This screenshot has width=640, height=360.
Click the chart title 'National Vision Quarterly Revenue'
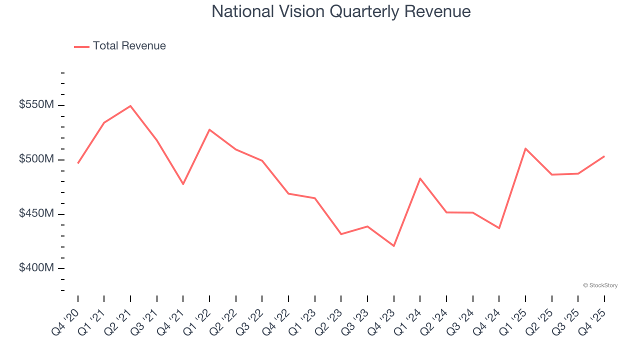click(341, 11)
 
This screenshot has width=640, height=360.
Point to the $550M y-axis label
click(36, 105)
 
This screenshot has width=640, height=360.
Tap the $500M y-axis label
click(36, 159)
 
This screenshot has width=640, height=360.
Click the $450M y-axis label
click(36, 214)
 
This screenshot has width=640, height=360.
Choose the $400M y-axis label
click(36, 268)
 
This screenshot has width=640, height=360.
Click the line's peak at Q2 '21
click(130, 106)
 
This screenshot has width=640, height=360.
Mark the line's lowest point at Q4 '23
click(393, 246)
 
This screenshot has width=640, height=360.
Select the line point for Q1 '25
click(525, 148)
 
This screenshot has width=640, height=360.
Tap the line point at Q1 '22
click(209, 129)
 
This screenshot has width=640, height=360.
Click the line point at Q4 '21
click(183, 184)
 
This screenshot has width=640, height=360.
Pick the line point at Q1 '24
click(420, 178)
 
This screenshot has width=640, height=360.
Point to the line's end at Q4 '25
click(604, 156)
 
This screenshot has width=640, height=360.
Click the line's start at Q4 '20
click(78, 163)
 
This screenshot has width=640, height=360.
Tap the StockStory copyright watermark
click(600, 285)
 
